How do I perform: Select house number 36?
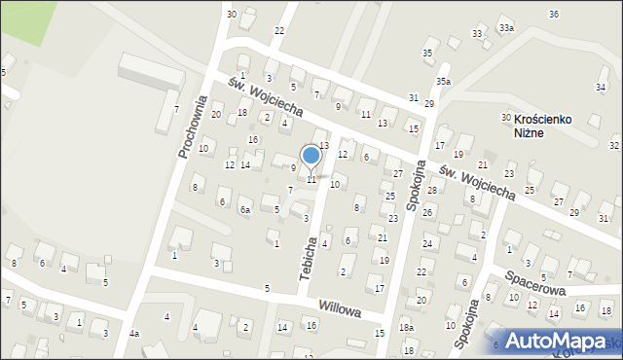pyautogui.click(x=553, y=14)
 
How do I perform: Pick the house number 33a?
pyautogui.click(x=506, y=28)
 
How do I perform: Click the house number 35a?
pyautogui.click(x=444, y=81)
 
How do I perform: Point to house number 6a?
pyautogui.click(x=246, y=210)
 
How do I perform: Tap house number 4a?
pyautogui.click(x=134, y=334)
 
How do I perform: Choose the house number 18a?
pyautogui.click(x=406, y=327)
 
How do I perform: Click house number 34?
pyautogui.click(x=601, y=87)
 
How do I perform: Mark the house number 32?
pyautogui.click(x=613, y=145)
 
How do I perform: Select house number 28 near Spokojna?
pyautogui.click(x=431, y=190)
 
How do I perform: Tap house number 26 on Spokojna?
pyautogui.click(x=426, y=211)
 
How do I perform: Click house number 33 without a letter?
pyautogui.click(x=477, y=34)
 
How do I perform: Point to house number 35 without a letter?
pyautogui.click(x=426, y=52)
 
